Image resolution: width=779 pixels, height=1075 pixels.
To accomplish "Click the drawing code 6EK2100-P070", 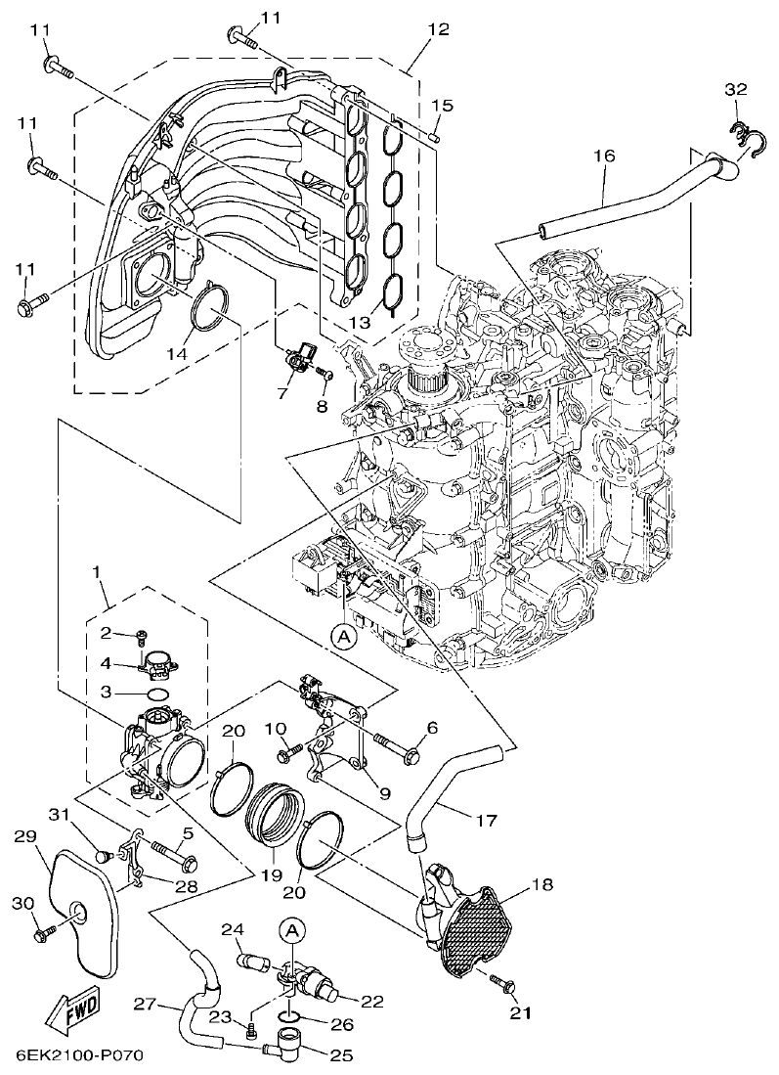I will (x=80, y=1057).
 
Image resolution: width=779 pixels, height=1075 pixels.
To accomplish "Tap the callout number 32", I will (x=735, y=89).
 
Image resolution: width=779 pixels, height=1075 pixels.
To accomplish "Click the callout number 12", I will (x=437, y=29).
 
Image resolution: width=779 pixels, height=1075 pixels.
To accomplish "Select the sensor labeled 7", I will (x=302, y=358).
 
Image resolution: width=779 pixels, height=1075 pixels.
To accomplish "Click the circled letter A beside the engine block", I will (x=343, y=637).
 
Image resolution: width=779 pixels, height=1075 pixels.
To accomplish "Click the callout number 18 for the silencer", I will (x=542, y=885).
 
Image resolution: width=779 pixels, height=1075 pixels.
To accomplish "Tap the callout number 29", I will (x=27, y=836).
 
